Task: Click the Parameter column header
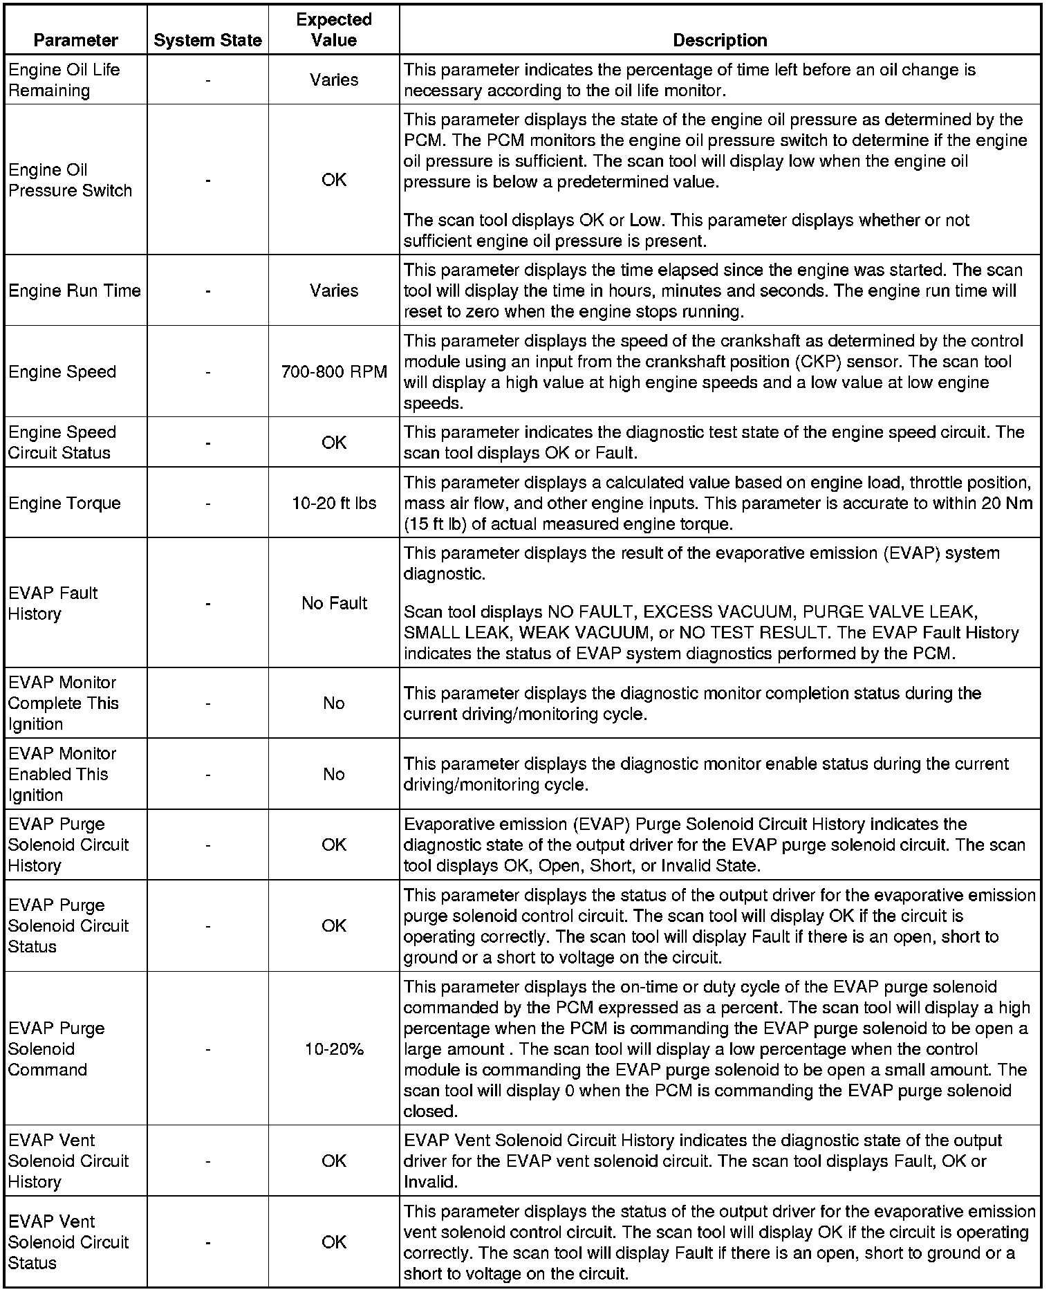[x=75, y=41]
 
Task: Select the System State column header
[x=207, y=41]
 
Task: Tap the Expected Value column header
[x=334, y=30]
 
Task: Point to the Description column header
[x=720, y=41]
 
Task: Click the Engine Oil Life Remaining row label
[x=64, y=80]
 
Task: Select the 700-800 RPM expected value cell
[x=334, y=372]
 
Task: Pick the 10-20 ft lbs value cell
[x=334, y=504]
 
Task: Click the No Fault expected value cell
[x=334, y=604]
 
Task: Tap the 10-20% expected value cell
[x=334, y=1049]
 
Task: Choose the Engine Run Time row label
[x=75, y=291]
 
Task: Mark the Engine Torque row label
[x=64, y=504]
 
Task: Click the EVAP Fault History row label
[x=53, y=604]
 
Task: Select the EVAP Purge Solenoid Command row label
[x=57, y=1049]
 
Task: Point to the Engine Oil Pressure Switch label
[x=70, y=181]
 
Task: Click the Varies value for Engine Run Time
[x=334, y=291]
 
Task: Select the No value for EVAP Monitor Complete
[x=334, y=703]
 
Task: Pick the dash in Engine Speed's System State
[x=207, y=372]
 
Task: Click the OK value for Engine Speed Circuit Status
[x=334, y=443]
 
